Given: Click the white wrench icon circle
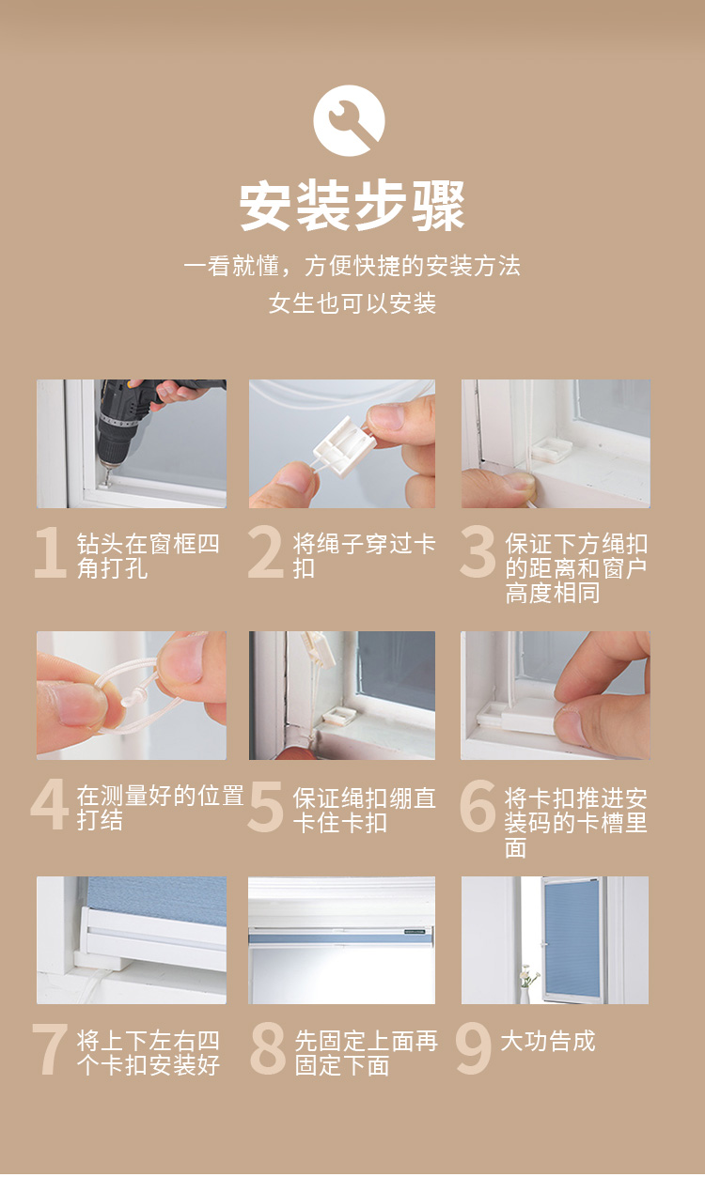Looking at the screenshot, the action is pos(349,120).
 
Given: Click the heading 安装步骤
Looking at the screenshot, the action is pos(352,206).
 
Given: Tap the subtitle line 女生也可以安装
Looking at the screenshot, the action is pos(352,303).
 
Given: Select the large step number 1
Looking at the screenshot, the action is pos(50,552).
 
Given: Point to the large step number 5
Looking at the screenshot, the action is pos(265,806).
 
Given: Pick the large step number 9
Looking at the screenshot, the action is pos(474,1048).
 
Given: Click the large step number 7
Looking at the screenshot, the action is pos(50,1048).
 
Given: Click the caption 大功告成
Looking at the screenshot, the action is pos(547,1041).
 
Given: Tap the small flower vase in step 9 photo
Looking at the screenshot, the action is pos(526,984).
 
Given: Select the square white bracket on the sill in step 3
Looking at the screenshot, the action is pos(552,450).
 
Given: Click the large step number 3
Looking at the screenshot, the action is pos(478,552).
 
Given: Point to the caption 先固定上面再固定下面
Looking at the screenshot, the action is pos(366,1053).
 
